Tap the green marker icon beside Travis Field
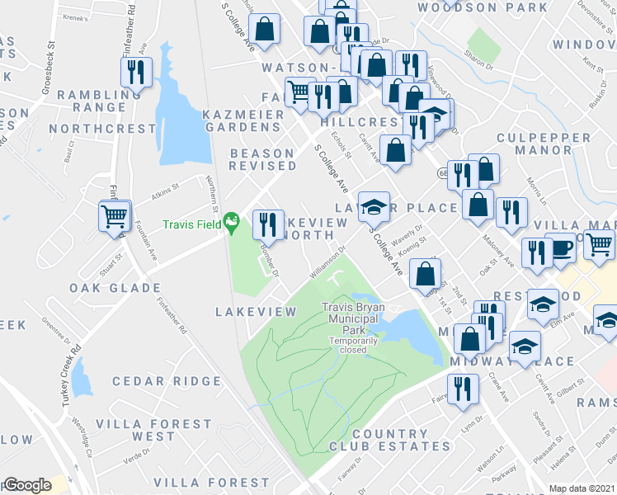[x=233, y=220]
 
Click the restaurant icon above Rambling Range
[x=137, y=72]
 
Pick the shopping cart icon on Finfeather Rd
[x=114, y=217]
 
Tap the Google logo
[x=27, y=485]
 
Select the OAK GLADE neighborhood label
[x=115, y=288]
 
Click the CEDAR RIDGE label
[x=167, y=381]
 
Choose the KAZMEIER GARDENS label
[x=243, y=119]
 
